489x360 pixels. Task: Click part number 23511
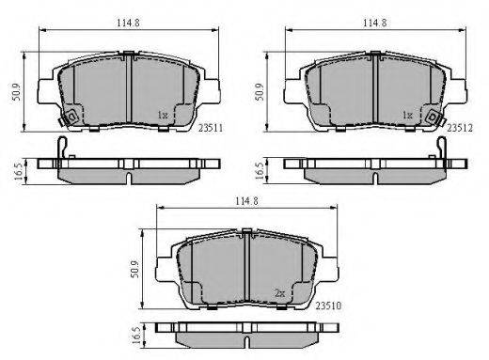tap(211, 128)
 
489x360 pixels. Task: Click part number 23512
tap(460, 128)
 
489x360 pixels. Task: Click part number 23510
tap(328, 305)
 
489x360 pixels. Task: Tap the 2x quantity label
tap(279, 293)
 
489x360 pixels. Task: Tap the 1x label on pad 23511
tap(163, 116)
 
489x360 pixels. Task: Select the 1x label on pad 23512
tap(407, 116)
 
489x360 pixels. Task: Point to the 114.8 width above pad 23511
tap(128, 23)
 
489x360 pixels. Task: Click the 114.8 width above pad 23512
tap(375, 23)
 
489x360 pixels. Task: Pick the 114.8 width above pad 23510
tap(247, 201)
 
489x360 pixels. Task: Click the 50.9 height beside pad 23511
tap(16, 92)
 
